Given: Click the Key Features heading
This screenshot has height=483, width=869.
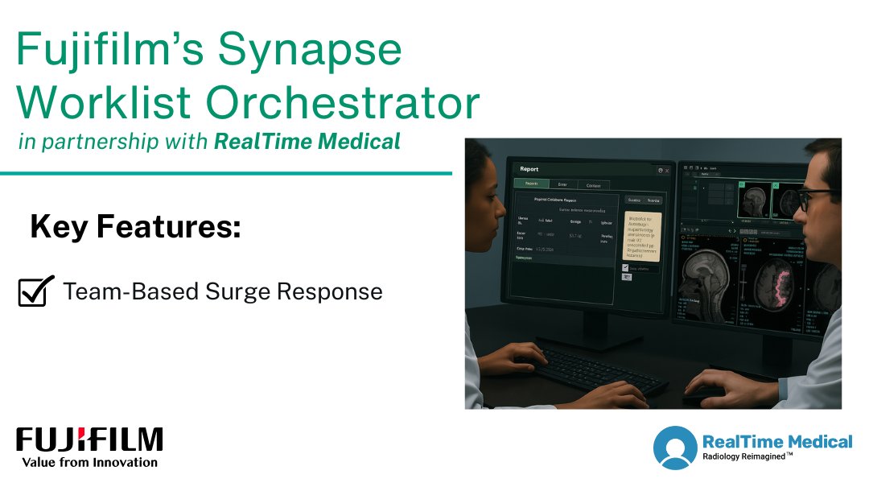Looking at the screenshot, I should coord(135,228).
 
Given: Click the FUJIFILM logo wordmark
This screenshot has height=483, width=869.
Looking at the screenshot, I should coord(89,440).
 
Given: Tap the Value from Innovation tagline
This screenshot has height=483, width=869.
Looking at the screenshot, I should coord(89,462).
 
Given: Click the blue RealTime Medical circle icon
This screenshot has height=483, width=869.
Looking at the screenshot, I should coord(674,448).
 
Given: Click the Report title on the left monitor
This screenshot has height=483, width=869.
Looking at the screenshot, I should coord(529,170).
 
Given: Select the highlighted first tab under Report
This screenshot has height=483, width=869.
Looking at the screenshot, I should coord(532,184).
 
